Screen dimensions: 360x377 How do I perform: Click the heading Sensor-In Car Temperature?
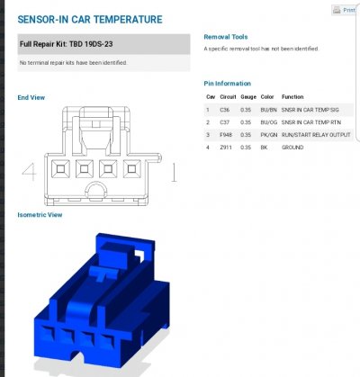[90, 20]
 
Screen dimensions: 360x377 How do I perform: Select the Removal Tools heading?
[226, 37]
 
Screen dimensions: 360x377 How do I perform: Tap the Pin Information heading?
[227, 84]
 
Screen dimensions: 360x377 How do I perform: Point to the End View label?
[31, 97]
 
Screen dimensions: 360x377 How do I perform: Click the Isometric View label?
[40, 215]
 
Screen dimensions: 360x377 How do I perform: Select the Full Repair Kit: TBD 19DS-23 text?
[67, 44]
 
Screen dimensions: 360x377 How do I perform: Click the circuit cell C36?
[224, 110]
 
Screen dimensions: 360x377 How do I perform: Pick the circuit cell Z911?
[226, 148]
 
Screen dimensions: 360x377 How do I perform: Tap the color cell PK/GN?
[269, 135]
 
